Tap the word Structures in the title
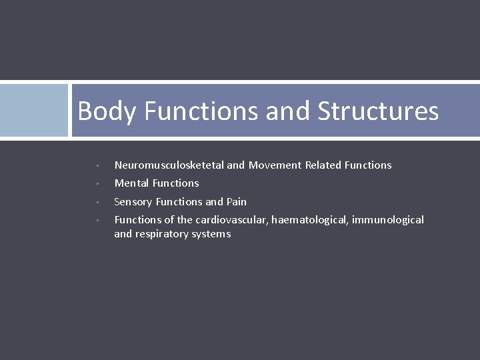pyautogui.click(x=378, y=111)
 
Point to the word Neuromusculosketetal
pyautogui.click(x=169, y=165)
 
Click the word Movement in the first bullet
pyautogui.click(x=275, y=165)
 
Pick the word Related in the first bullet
pyautogui.click(x=323, y=165)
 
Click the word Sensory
pyautogui.click(x=134, y=202)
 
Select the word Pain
pyautogui.click(x=237, y=202)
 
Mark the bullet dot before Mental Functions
pyautogui.click(x=97, y=184)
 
